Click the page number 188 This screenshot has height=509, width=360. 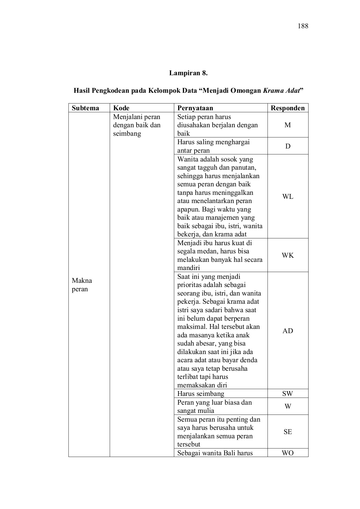tap(303, 26)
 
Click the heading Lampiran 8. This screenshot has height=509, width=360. tap(188, 73)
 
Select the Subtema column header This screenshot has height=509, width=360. tap(85, 108)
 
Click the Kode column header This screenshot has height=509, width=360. tap(121, 108)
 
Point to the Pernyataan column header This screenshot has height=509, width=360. tap(195, 108)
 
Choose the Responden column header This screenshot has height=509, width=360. tap(288, 108)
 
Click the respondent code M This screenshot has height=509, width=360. tap(288, 125)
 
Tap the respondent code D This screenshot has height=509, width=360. tap(288, 146)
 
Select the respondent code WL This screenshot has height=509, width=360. tap(288, 197)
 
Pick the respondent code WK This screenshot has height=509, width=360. tap(288, 255)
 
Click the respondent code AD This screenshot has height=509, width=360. tap(288, 331)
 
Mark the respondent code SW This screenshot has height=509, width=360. tap(288, 394)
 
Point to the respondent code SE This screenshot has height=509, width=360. tap(288, 432)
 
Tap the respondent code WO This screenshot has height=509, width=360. tap(288, 453)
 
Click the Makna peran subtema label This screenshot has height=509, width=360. tap(82, 285)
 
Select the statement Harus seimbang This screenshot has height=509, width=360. tap(201, 394)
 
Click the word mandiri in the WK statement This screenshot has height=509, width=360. tap(188, 268)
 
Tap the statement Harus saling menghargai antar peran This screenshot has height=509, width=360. tap(213, 146)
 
